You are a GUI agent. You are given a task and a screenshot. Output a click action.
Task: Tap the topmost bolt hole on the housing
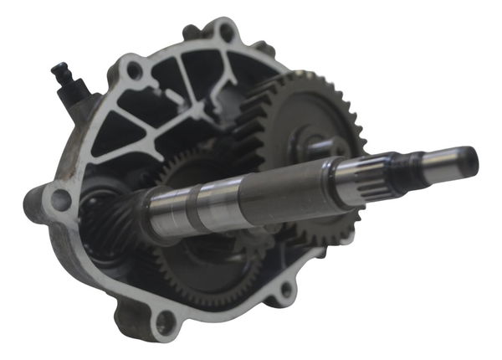click(225, 33)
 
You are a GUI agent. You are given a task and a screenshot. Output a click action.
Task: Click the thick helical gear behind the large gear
click(251, 126)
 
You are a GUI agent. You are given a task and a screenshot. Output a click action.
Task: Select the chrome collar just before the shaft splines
click(343, 180)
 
